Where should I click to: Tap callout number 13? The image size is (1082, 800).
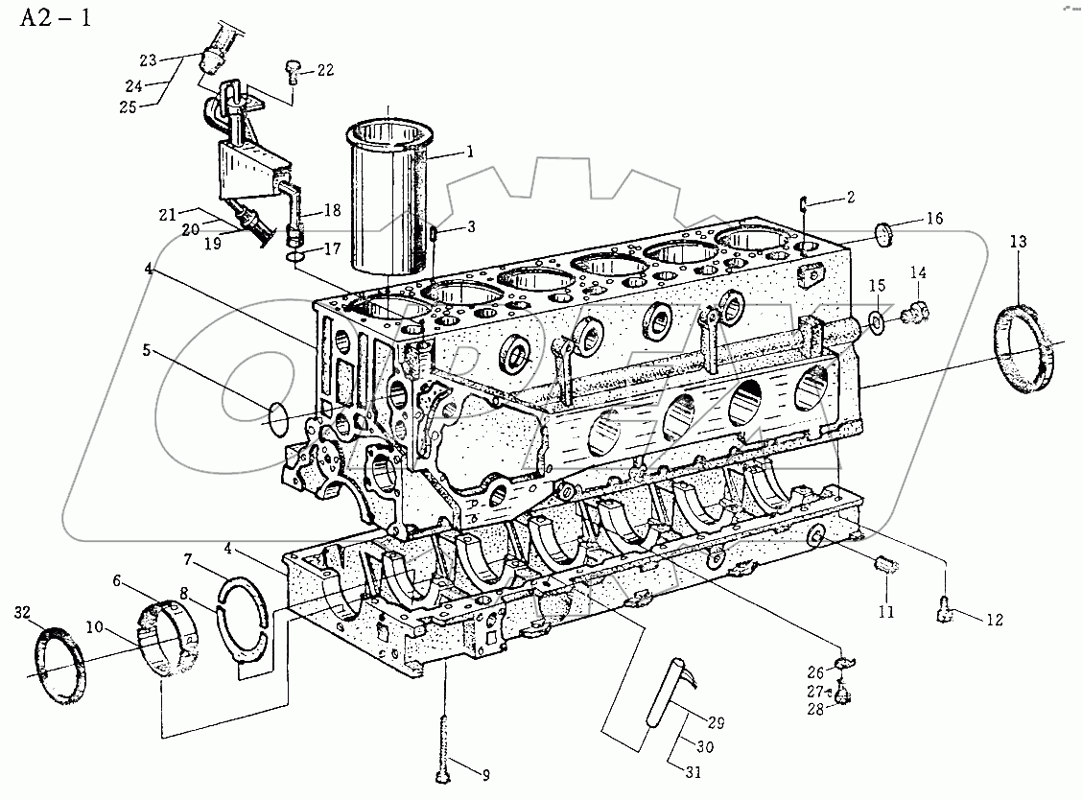1018,244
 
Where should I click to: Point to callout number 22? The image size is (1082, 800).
326,69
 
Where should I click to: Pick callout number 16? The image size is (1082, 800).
934,219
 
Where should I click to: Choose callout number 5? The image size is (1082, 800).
147,351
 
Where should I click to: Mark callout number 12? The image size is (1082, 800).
993,620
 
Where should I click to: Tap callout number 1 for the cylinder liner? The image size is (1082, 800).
470,151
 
